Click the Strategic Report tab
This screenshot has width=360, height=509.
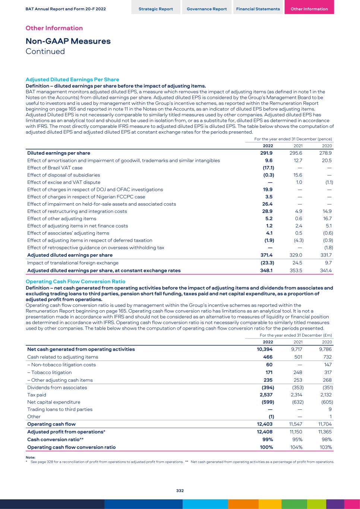[155, 9]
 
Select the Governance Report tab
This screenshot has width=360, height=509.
[206, 9]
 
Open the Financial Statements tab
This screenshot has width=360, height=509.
[258, 9]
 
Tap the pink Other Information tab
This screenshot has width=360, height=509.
[309, 9]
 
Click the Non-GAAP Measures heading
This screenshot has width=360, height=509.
[68, 41]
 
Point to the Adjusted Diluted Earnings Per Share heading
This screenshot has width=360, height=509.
[72, 79]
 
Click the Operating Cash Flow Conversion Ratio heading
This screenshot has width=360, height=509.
[75, 282]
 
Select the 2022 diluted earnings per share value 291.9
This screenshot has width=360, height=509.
[266, 153]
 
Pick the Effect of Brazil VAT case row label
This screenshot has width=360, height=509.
[55, 168]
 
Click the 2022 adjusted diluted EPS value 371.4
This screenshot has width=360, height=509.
[266, 255]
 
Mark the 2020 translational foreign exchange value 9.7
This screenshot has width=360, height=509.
[328, 263]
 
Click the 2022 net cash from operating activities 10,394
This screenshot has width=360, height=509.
[265, 349]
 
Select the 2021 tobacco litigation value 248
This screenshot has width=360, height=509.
[297, 373]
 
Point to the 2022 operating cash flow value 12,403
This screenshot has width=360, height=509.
[265, 424]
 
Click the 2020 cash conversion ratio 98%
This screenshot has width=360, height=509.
[326, 439]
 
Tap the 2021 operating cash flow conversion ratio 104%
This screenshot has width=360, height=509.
[296, 447]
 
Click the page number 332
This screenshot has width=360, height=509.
[180, 491]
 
